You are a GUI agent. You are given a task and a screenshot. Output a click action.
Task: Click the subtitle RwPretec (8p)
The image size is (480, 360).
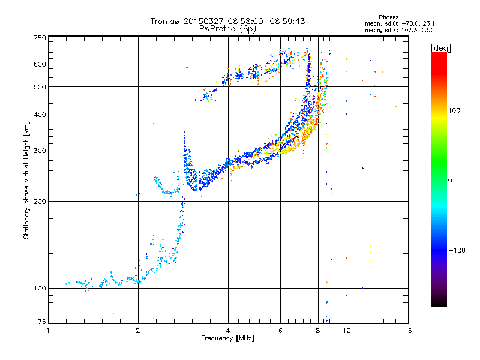tap(227, 29)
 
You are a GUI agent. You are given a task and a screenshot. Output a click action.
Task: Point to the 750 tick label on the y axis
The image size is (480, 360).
tap(40, 38)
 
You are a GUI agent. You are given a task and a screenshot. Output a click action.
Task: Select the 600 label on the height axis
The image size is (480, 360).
tap(40, 64)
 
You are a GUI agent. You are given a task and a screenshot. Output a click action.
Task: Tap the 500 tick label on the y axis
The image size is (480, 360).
tap(40, 87)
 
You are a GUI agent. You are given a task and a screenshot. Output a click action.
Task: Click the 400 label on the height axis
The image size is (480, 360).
tap(40, 115)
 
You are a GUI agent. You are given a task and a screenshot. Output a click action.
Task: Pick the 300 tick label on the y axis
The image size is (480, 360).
tap(40, 151)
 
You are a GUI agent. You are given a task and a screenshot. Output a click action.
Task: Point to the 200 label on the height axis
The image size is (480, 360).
tap(40, 202)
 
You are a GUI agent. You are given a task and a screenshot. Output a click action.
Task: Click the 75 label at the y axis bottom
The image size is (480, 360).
tap(42, 322)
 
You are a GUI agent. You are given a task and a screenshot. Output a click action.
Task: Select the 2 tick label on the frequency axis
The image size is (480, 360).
tap(138, 331)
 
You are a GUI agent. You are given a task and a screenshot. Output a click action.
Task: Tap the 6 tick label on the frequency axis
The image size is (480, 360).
tap(280, 331)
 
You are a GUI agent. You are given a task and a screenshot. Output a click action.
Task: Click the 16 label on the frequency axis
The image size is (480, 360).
tap(408, 331)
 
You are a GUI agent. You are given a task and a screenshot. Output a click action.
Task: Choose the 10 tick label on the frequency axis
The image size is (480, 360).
tap(347, 331)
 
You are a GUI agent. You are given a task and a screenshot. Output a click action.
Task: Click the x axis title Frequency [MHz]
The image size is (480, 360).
tap(227, 338)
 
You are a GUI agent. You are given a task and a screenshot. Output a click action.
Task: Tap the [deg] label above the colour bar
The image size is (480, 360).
tap(440, 48)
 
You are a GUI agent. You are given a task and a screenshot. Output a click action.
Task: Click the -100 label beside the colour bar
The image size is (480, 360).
tap(457, 250)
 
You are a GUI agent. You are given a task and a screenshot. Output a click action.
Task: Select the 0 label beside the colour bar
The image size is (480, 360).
tap(450, 181)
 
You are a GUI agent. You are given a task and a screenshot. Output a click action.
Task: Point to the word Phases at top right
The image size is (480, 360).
tap(388, 17)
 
